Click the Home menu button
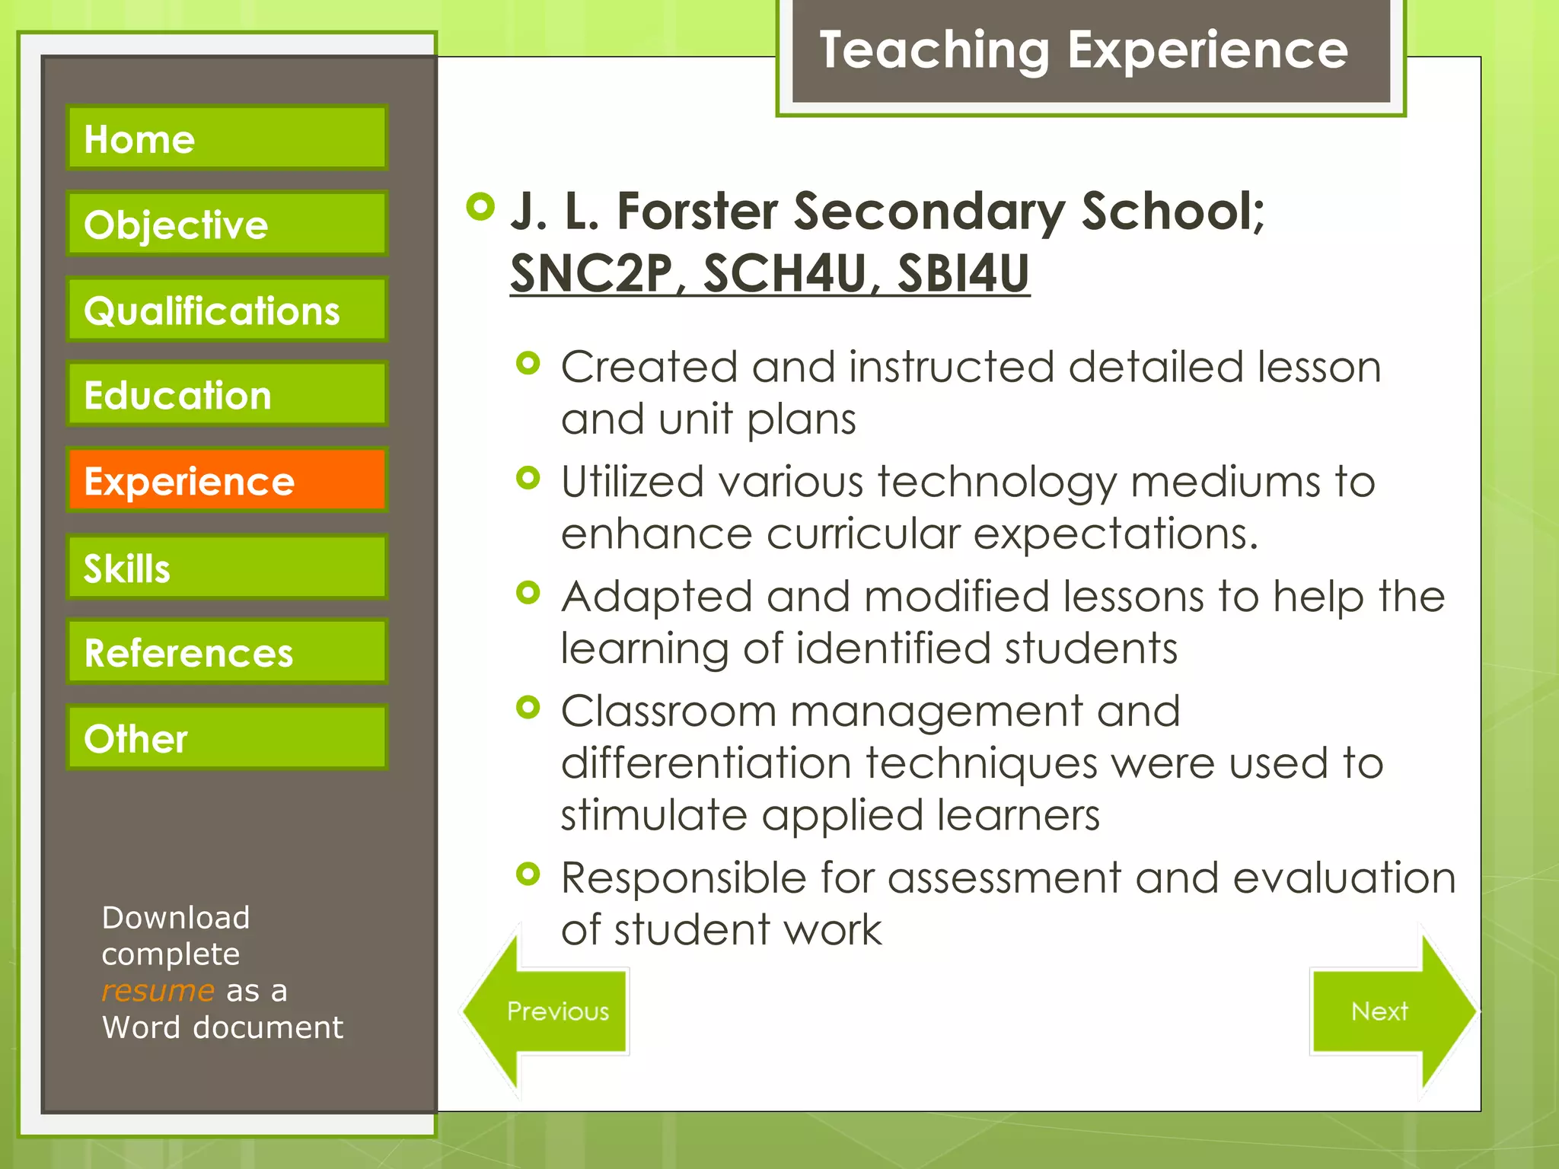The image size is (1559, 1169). pos(227,138)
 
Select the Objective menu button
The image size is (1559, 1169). pos(227,224)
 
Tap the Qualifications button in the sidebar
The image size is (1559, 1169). pos(227,310)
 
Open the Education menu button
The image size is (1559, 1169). pos(227,394)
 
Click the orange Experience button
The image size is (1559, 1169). pos(227,480)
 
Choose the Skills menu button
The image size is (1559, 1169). pos(227,567)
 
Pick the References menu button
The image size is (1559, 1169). pos(227,652)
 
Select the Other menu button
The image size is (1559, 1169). pos(227,737)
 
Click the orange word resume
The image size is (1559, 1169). pos(158,991)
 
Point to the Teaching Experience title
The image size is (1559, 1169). pos(1083,50)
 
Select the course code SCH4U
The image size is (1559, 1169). pos(784,273)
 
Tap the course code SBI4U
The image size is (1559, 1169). pos(963,273)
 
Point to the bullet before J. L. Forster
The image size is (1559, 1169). pos(480,206)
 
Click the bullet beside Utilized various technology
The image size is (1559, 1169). pos(528,478)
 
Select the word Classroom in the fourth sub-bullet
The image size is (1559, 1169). pos(668,712)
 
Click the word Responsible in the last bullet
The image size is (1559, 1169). pos(683,878)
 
